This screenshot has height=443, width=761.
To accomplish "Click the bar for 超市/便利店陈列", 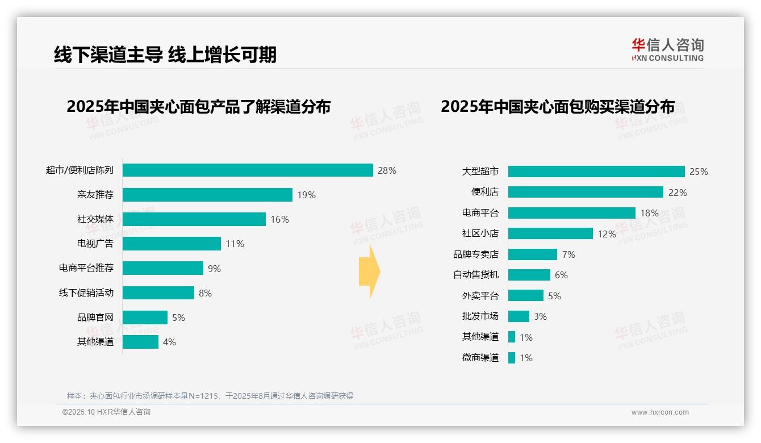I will pyautogui.click(x=248, y=170).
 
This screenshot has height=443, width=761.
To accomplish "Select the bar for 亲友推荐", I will pyautogui.click(x=207, y=195).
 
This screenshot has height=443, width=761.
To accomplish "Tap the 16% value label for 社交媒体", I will pyautogui.click(x=279, y=219).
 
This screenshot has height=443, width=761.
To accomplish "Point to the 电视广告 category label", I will pyautogui.click(x=95, y=244).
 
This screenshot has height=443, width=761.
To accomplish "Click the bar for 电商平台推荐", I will pyautogui.click(x=163, y=268).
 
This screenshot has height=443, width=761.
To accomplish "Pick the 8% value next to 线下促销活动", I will pyautogui.click(x=205, y=293).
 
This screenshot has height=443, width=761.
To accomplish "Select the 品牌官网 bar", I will pyautogui.click(x=145, y=317).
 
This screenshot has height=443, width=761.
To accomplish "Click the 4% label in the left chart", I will pyautogui.click(x=169, y=342).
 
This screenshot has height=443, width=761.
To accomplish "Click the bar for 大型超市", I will pyautogui.click(x=596, y=172).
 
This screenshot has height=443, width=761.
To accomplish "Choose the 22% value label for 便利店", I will pyautogui.click(x=678, y=193).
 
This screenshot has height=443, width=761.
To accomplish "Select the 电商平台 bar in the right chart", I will pyautogui.click(x=571, y=213).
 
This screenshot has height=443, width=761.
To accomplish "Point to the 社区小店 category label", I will pyautogui.click(x=480, y=233).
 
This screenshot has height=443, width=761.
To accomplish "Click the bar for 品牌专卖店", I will pyautogui.click(x=532, y=254).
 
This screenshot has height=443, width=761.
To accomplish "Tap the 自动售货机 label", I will pyautogui.click(x=476, y=275).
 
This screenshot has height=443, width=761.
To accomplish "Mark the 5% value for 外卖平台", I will pyautogui.click(x=554, y=296).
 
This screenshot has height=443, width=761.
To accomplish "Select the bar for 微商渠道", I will pyautogui.click(x=512, y=358).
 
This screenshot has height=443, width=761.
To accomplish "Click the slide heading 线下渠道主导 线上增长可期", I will pyautogui.click(x=165, y=55).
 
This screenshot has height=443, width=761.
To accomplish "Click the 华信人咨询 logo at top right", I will pyautogui.click(x=667, y=49).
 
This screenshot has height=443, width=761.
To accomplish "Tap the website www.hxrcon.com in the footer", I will pyautogui.click(x=660, y=412).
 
